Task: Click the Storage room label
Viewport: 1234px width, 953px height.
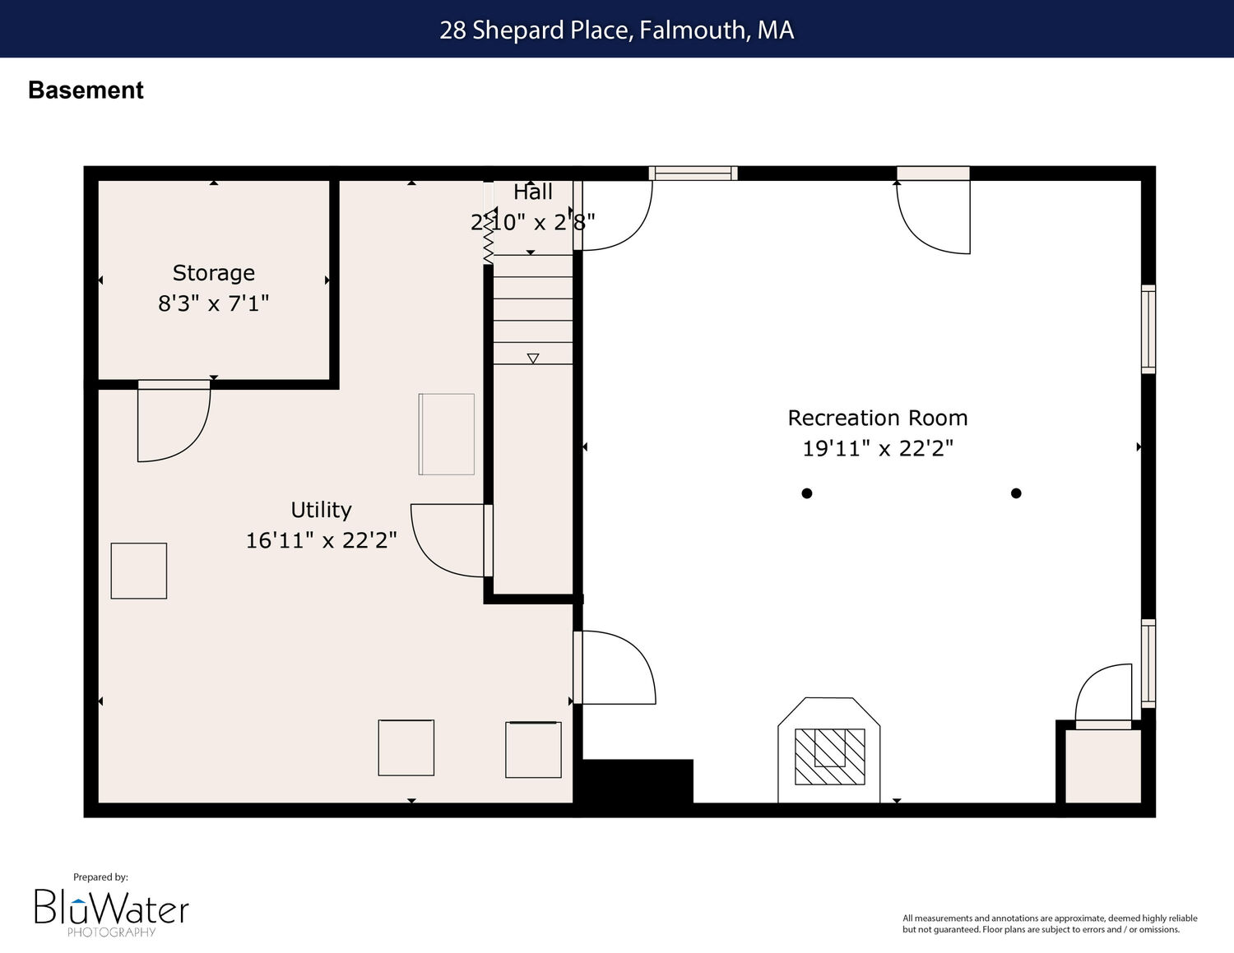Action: (214, 274)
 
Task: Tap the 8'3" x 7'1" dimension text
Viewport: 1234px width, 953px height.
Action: (214, 303)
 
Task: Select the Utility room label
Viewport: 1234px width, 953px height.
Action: (321, 510)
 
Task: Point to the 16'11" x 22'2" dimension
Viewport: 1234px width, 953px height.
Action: (321, 539)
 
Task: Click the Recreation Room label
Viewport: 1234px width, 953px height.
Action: (877, 419)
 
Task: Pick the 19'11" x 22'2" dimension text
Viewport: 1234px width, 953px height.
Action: (877, 448)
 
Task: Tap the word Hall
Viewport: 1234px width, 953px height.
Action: (532, 192)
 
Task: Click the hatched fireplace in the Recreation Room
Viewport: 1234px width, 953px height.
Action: (829, 756)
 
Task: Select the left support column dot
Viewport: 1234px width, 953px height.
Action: (806, 493)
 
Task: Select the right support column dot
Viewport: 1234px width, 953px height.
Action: (1016, 493)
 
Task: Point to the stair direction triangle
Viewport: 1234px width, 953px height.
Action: (532, 359)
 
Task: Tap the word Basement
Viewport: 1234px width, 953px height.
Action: (86, 90)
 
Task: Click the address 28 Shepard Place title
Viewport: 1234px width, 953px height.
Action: (617, 30)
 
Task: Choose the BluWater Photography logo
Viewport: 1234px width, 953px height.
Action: (111, 909)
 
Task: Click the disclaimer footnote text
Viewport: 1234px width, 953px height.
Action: (1050, 923)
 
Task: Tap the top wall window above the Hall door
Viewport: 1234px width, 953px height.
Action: (693, 173)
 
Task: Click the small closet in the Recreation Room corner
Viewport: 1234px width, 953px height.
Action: (1103, 766)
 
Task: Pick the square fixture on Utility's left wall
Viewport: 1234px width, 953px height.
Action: (138, 571)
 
